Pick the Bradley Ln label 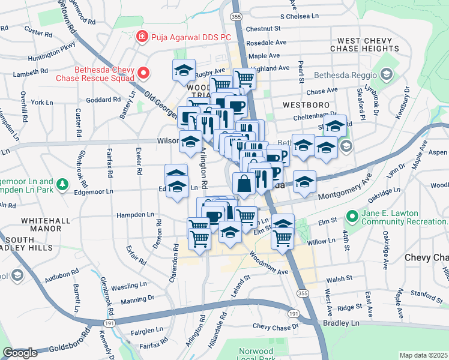pos(347,323)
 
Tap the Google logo pos(20,353)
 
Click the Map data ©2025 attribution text pos(424,355)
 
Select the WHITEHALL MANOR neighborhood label pos(46,226)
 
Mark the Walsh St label pos(339,280)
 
